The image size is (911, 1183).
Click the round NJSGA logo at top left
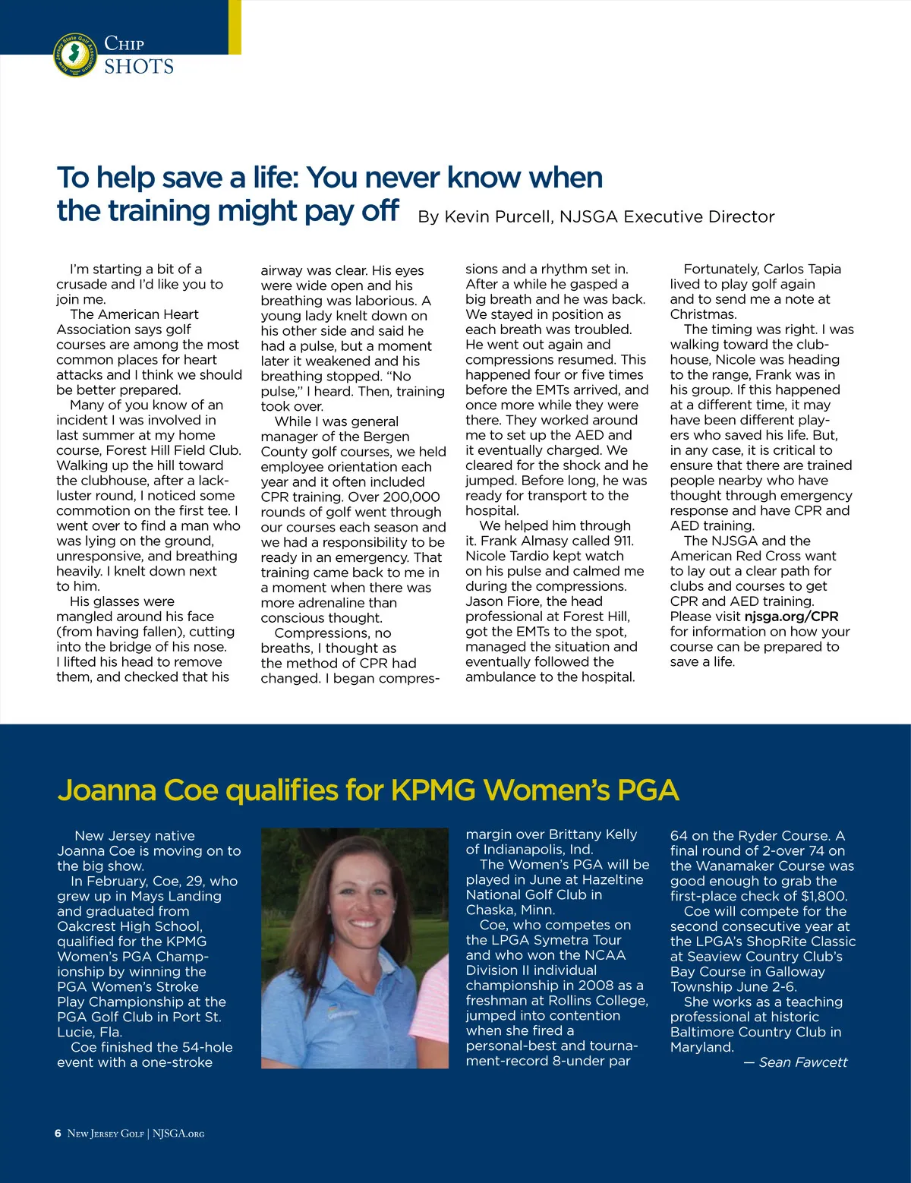(x=75, y=55)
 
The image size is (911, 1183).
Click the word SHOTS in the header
(x=139, y=67)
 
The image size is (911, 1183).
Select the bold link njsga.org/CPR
(x=791, y=617)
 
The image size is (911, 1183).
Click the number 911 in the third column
(x=622, y=541)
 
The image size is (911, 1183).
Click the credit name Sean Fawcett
(x=802, y=1062)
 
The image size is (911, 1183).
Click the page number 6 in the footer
(x=58, y=1134)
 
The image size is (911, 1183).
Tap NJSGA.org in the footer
(x=178, y=1134)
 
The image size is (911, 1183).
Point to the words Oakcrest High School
(x=130, y=926)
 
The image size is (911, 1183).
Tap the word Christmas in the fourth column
(x=702, y=314)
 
